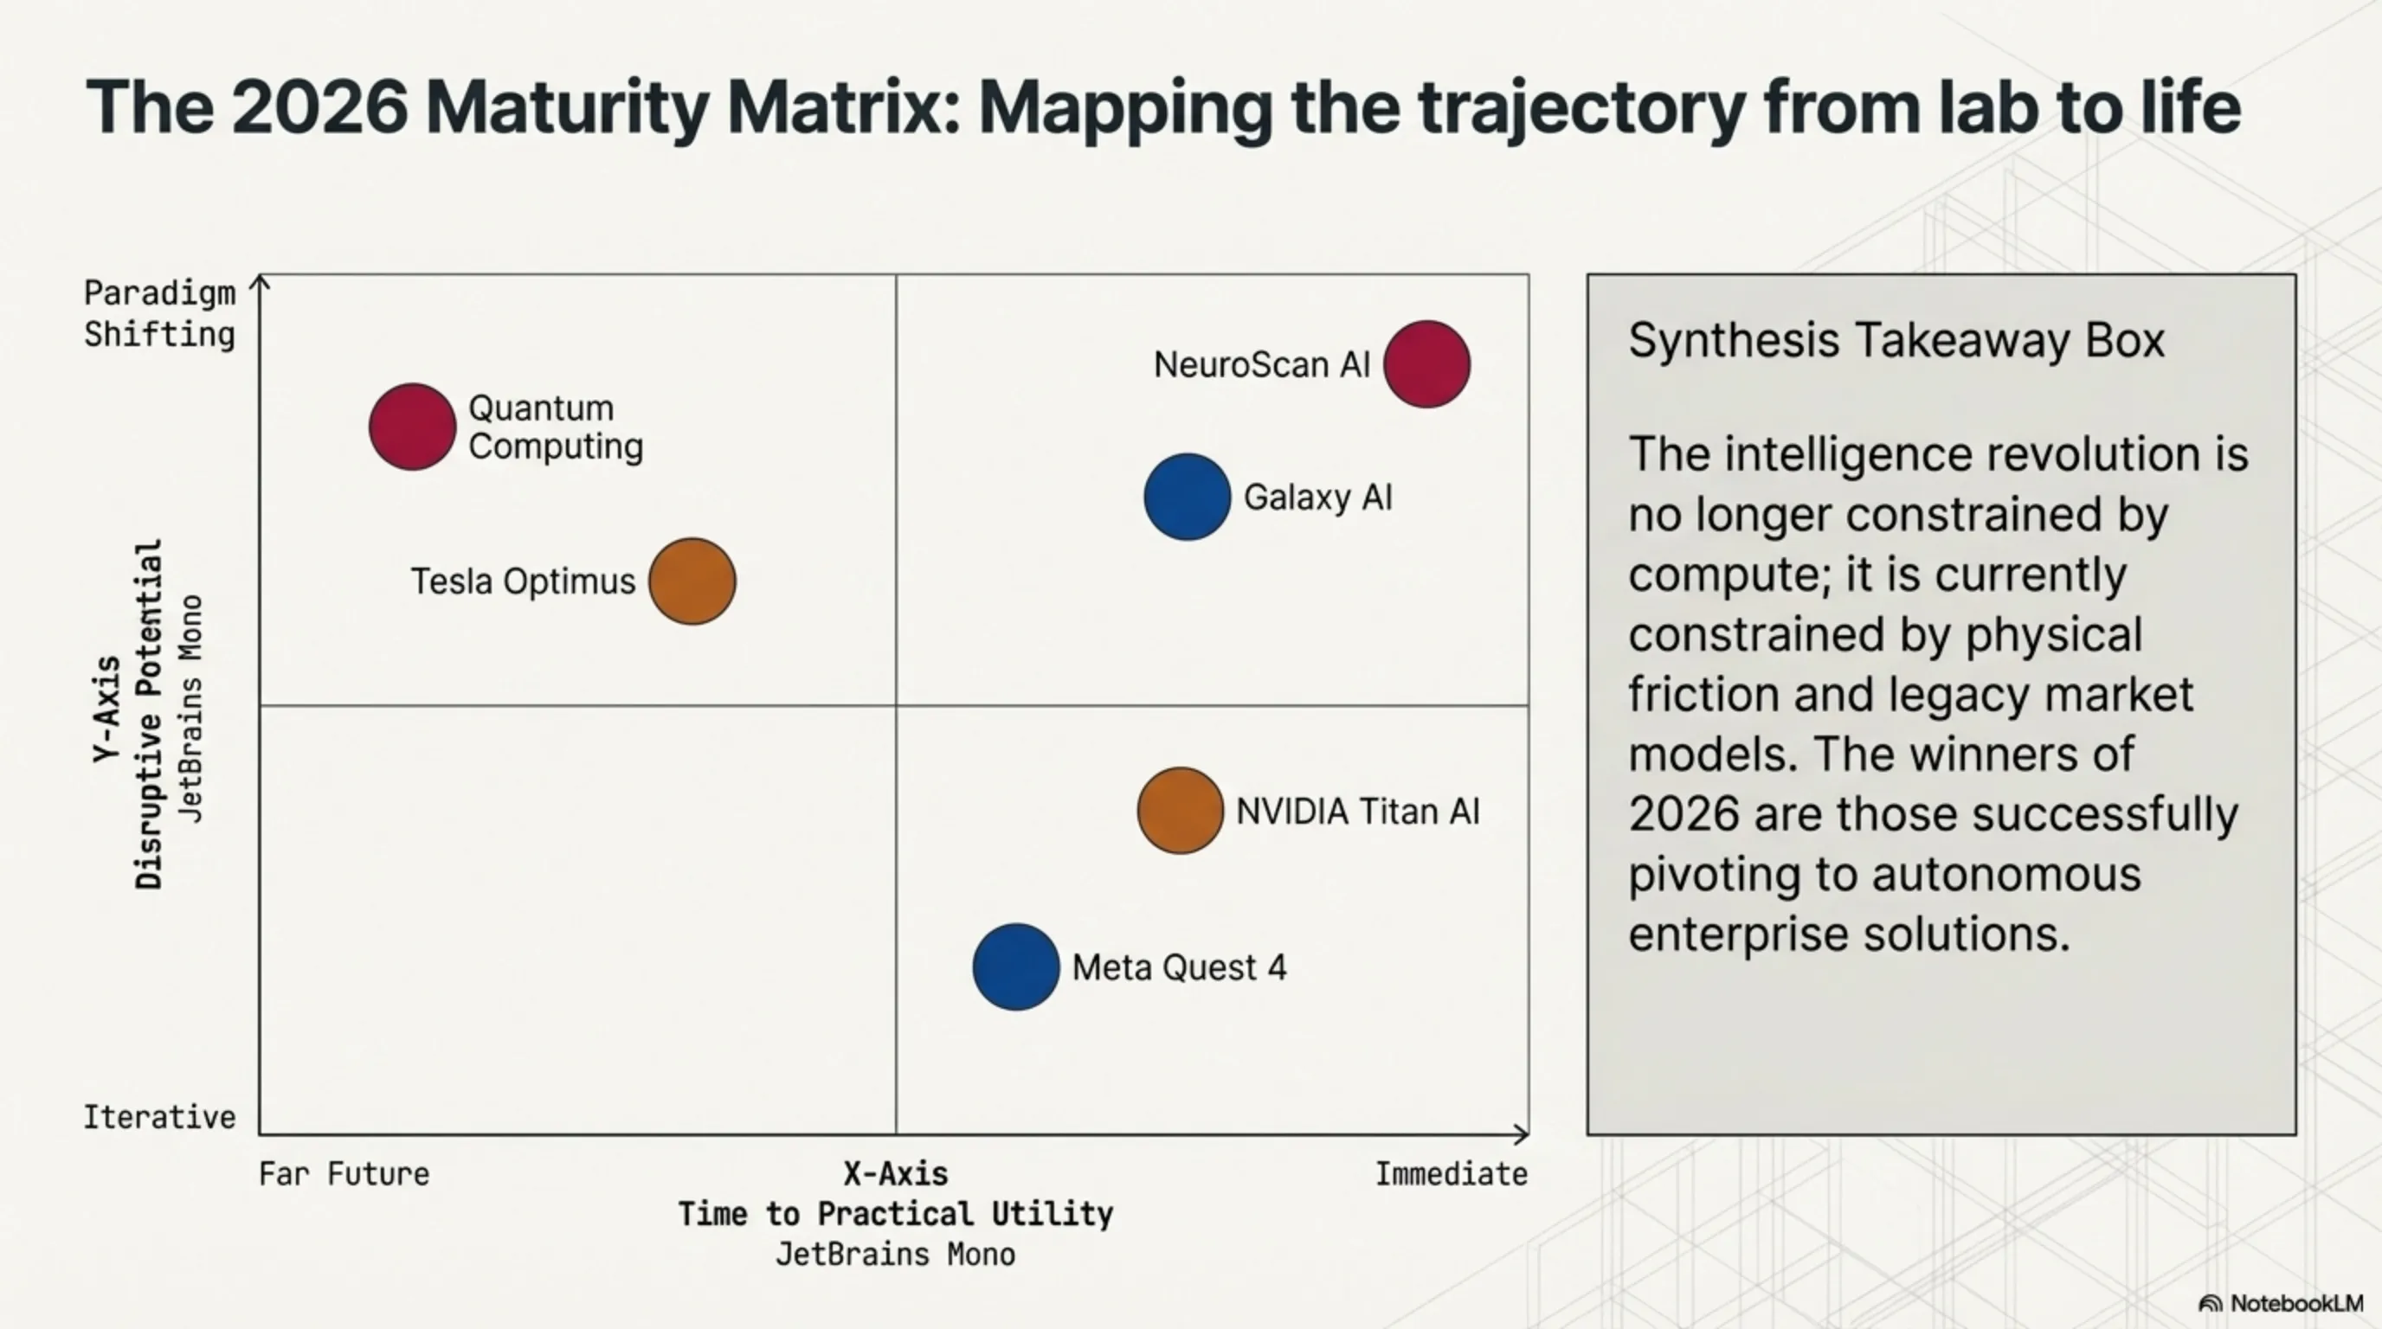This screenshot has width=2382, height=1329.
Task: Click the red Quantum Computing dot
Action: coord(412,427)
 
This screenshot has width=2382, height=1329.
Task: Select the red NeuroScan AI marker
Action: coord(1426,364)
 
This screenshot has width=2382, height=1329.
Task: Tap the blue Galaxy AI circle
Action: coord(1188,497)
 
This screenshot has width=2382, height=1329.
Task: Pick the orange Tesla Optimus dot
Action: coord(692,581)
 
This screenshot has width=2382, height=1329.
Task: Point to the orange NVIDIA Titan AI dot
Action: coord(1180,811)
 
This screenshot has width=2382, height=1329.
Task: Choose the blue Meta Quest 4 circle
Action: coord(1016,966)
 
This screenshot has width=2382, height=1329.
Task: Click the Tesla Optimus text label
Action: coord(524,581)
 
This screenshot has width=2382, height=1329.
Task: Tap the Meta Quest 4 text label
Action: coord(1179,967)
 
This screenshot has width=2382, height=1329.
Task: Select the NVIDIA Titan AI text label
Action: coord(1357,812)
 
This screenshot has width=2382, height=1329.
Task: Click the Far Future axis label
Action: coord(344,1174)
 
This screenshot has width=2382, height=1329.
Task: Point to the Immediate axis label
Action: coord(1451,1174)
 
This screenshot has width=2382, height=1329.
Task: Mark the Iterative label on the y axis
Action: coord(160,1117)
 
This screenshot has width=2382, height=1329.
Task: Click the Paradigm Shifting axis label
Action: coord(160,313)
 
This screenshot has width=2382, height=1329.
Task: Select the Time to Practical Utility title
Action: coord(895,1213)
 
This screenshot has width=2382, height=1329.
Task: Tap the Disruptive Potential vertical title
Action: coord(149,715)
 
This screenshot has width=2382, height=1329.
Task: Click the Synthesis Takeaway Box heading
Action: coord(1896,340)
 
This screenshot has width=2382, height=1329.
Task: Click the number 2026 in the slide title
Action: coord(319,108)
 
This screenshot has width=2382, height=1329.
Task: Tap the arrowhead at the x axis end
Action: coord(1521,1133)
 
